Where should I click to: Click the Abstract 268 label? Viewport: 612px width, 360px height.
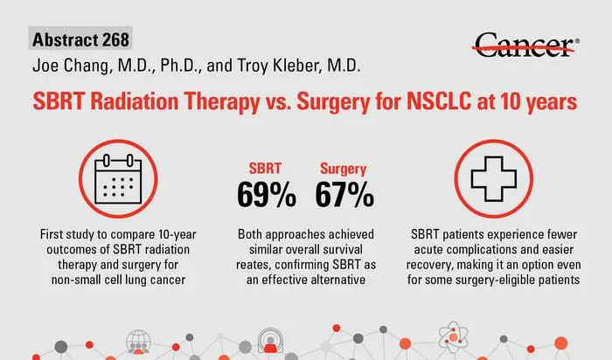pos(80,39)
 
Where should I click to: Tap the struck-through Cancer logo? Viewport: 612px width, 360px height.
pos(525,45)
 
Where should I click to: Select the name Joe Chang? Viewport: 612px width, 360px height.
pos(70,66)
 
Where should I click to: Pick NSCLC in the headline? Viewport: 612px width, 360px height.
pos(439,101)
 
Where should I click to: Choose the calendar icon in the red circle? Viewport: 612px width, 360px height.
pos(118,178)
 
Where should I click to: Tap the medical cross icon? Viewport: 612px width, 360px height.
pos(494,178)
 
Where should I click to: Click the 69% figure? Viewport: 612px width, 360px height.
pos(266,194)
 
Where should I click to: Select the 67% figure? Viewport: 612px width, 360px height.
pos(344,194)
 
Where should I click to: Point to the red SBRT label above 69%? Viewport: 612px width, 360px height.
pos(265,169)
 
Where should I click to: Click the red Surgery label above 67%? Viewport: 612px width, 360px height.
pos(344,169)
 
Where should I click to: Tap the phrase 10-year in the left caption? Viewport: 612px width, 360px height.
pos(177,234)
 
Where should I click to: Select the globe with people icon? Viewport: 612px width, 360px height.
pos(138,342)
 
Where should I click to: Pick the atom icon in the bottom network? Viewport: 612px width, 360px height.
pos(453,336)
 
